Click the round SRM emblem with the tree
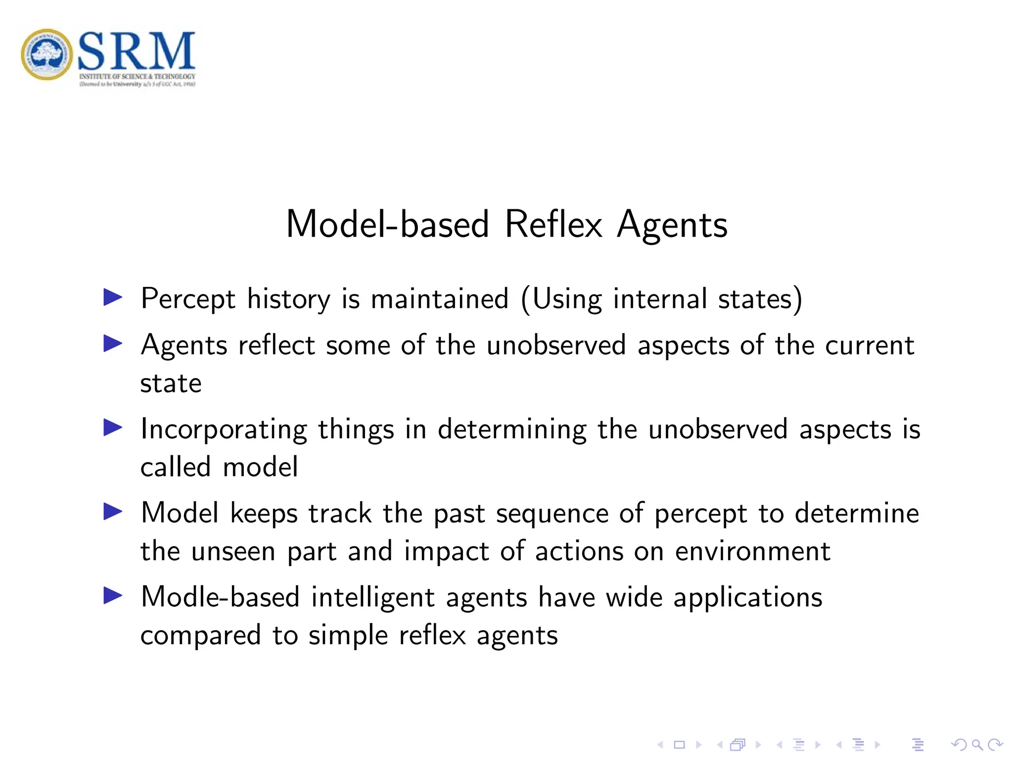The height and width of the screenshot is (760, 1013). pyautogui.click(x=47, y=54)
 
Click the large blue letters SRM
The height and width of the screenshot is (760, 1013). pyautogui.click(x=137, y=51)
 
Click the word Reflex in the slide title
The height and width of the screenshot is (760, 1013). pyautogui.click(x=553, y=225)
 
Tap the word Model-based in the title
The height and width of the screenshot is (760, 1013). pyautogui.click(x=388, y=225)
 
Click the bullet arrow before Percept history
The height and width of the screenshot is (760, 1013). pyautogui.click(x=113, y=297)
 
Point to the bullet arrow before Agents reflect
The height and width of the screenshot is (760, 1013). pyautogui.click(x=113, y=343)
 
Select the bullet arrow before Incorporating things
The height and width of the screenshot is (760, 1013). pyautogui.click(x=113, y=427)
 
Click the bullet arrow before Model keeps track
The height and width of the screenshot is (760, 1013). pyautogui.click(x=113, y=512)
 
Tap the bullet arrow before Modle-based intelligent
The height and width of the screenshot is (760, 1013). pyautogui.click(x=113, y=596)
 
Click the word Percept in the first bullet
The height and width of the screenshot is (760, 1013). pyautogui.click(x=188, y=299)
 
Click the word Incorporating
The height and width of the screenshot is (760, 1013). pyautogui.click(x=224, y=429)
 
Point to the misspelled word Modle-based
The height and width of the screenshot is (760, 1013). pyautogui.click(x=220, y=597)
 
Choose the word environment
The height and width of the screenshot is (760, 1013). pyautogui.click(x=752, y=551)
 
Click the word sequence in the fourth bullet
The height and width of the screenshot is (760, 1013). pyautogui.click(x=552, y=514)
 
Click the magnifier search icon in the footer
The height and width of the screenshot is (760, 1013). pyautogui.click(x=977, y=745)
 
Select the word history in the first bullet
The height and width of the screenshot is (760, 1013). pyautogui.click(x=288, y=299)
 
